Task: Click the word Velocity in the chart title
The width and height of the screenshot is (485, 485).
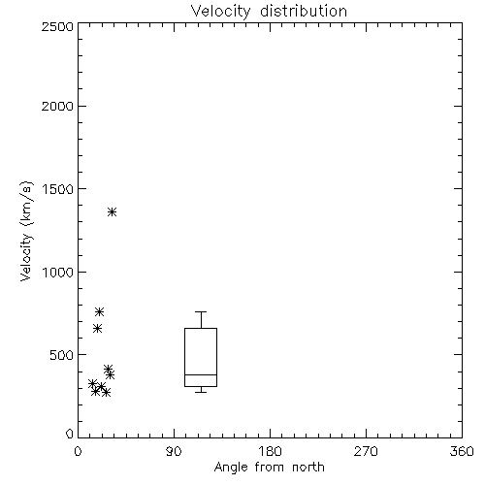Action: pos(220,12)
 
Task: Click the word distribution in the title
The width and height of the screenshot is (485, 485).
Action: pos(304,11)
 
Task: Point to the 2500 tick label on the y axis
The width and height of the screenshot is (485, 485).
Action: pos(57,26)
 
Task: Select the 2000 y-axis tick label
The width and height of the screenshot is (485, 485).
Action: pos(57,106)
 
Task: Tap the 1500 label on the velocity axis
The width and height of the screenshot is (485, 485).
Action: pos(58,189)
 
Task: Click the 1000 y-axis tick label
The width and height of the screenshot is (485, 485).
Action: pos(58,273)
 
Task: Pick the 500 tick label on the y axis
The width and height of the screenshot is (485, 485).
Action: pos(62,355)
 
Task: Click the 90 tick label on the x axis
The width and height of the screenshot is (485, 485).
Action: pos(174,451)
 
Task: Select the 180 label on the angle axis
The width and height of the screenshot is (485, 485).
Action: pos(270,451)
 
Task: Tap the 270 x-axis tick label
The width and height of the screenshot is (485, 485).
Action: pos(366,451)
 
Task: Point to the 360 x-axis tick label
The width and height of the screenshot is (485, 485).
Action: pos(462,451)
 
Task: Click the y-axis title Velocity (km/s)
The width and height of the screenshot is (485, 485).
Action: pos(26,231)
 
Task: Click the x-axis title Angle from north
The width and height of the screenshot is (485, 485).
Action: pos(269,468)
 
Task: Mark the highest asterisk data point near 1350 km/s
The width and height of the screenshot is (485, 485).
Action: pos(112,212)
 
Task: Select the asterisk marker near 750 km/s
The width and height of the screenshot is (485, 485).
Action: pos(99,311)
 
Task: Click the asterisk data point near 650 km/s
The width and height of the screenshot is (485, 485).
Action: pos(97,329)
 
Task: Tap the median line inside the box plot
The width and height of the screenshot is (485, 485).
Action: pos(201,374)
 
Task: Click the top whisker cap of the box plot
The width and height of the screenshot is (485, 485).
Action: pos(201,311)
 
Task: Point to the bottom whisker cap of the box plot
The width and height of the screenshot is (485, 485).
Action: pos(201,392)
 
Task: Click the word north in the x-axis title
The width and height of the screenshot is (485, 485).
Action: pos(308,467)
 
